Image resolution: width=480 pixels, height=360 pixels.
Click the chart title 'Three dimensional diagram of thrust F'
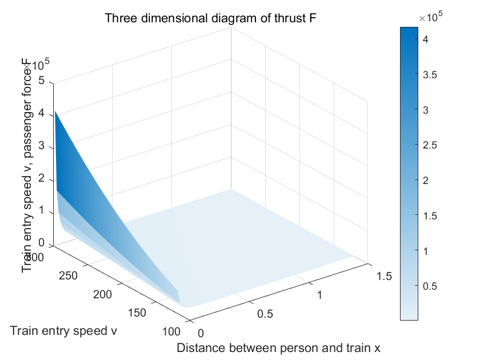210,18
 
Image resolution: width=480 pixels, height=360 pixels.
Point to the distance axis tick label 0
201,333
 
